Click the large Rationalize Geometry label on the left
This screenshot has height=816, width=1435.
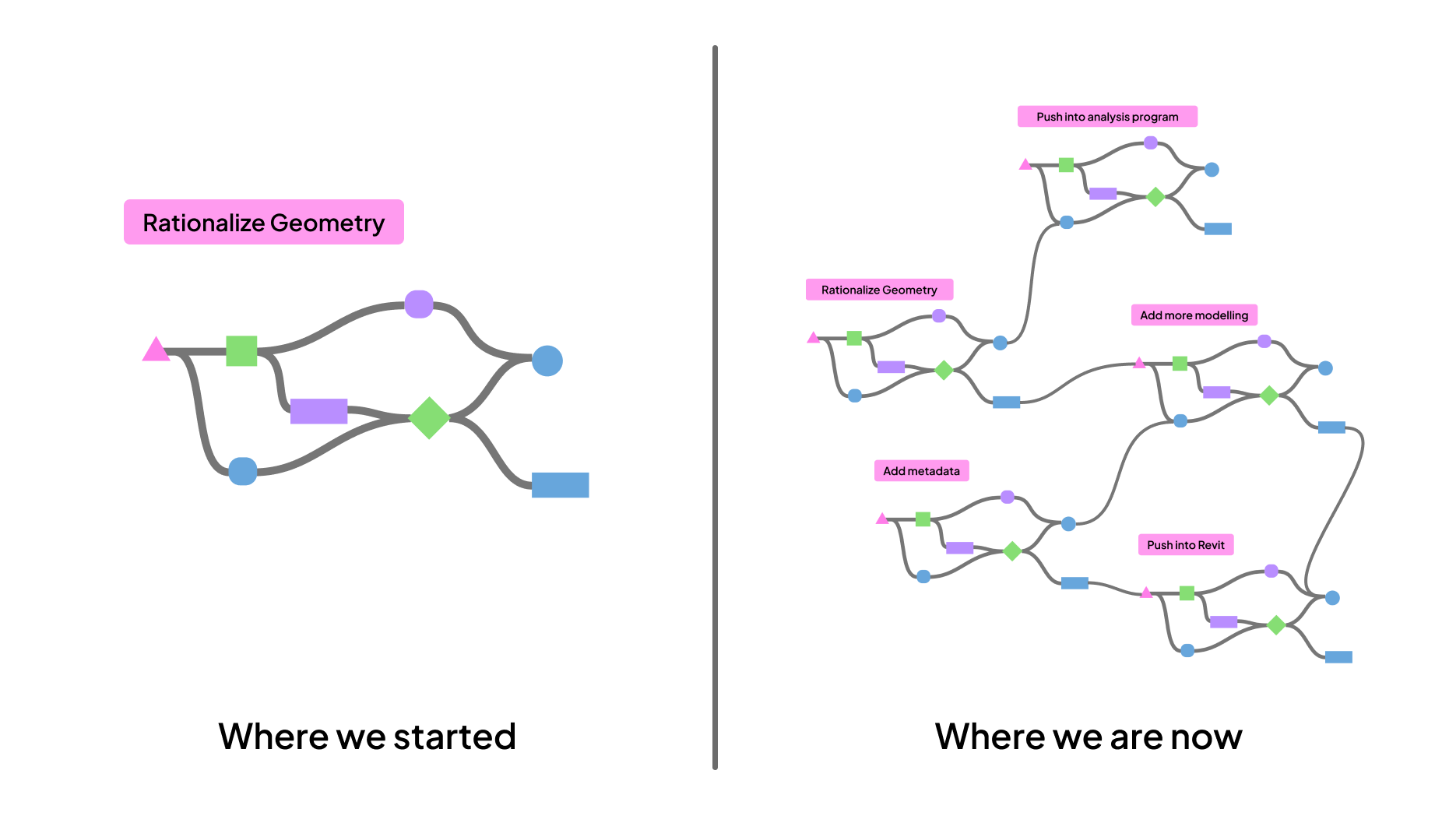click(263, 223)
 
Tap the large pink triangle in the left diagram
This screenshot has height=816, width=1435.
click(156, 350)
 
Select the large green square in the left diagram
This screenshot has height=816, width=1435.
click(241, 351)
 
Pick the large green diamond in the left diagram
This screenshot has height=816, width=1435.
click(429, 418)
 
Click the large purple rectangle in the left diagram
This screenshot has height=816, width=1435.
click(318, 411)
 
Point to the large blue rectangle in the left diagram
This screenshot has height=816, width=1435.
click(560, 485)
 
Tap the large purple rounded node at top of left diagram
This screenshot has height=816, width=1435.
click(419, 304)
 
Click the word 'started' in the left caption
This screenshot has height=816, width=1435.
click(455, 737)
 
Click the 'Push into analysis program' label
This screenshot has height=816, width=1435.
click(1106, 117)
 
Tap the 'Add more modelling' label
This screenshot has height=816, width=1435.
click(1194, 315)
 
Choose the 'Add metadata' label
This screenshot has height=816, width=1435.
click(921, 471)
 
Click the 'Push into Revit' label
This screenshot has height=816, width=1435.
click(1185, 545)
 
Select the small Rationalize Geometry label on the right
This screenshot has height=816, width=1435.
click(879, 290)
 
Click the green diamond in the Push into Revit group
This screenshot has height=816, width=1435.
click(1276, 625)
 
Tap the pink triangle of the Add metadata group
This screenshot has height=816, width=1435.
click(882, 519)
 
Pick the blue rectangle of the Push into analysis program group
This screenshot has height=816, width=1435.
click(1218, 229)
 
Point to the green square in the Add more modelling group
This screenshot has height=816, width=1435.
click(1180, 364)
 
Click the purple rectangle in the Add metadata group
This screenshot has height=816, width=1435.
click(959, 548)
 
